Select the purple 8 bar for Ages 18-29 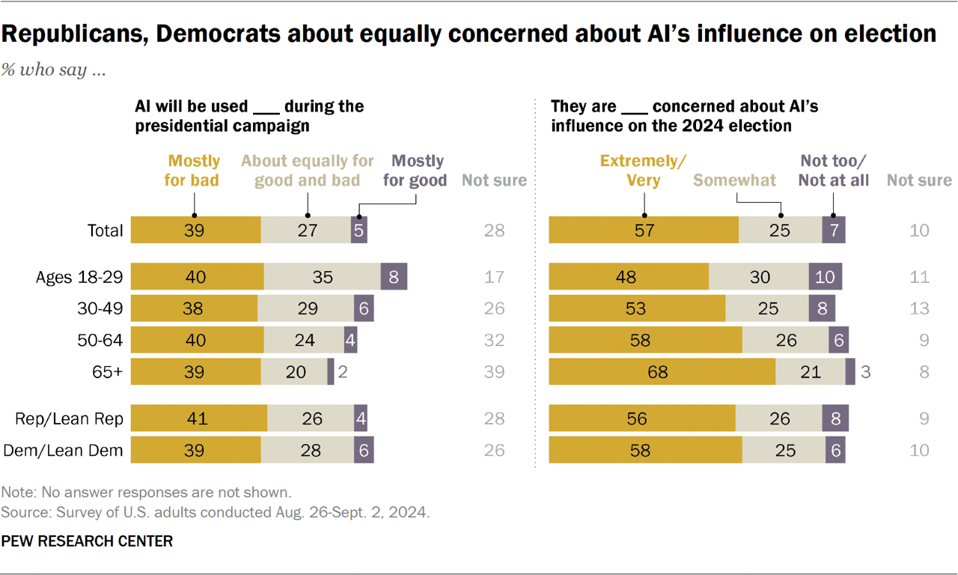(394, 277)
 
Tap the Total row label (105, 231)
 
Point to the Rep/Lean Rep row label (69, 419)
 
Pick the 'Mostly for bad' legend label (194, 170)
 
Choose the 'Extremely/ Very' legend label (644, 170)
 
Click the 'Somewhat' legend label (735, 180)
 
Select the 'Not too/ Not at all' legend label (834, 170)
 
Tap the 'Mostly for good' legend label (418, 170)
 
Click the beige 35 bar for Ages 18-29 (322, 277)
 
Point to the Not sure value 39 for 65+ (494, 372)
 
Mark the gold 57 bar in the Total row (644, 231)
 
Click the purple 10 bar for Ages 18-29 (825, 277)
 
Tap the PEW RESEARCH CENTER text (87, 541)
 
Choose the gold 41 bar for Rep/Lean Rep (198, 419)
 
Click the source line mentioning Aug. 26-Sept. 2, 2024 (216, 513)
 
